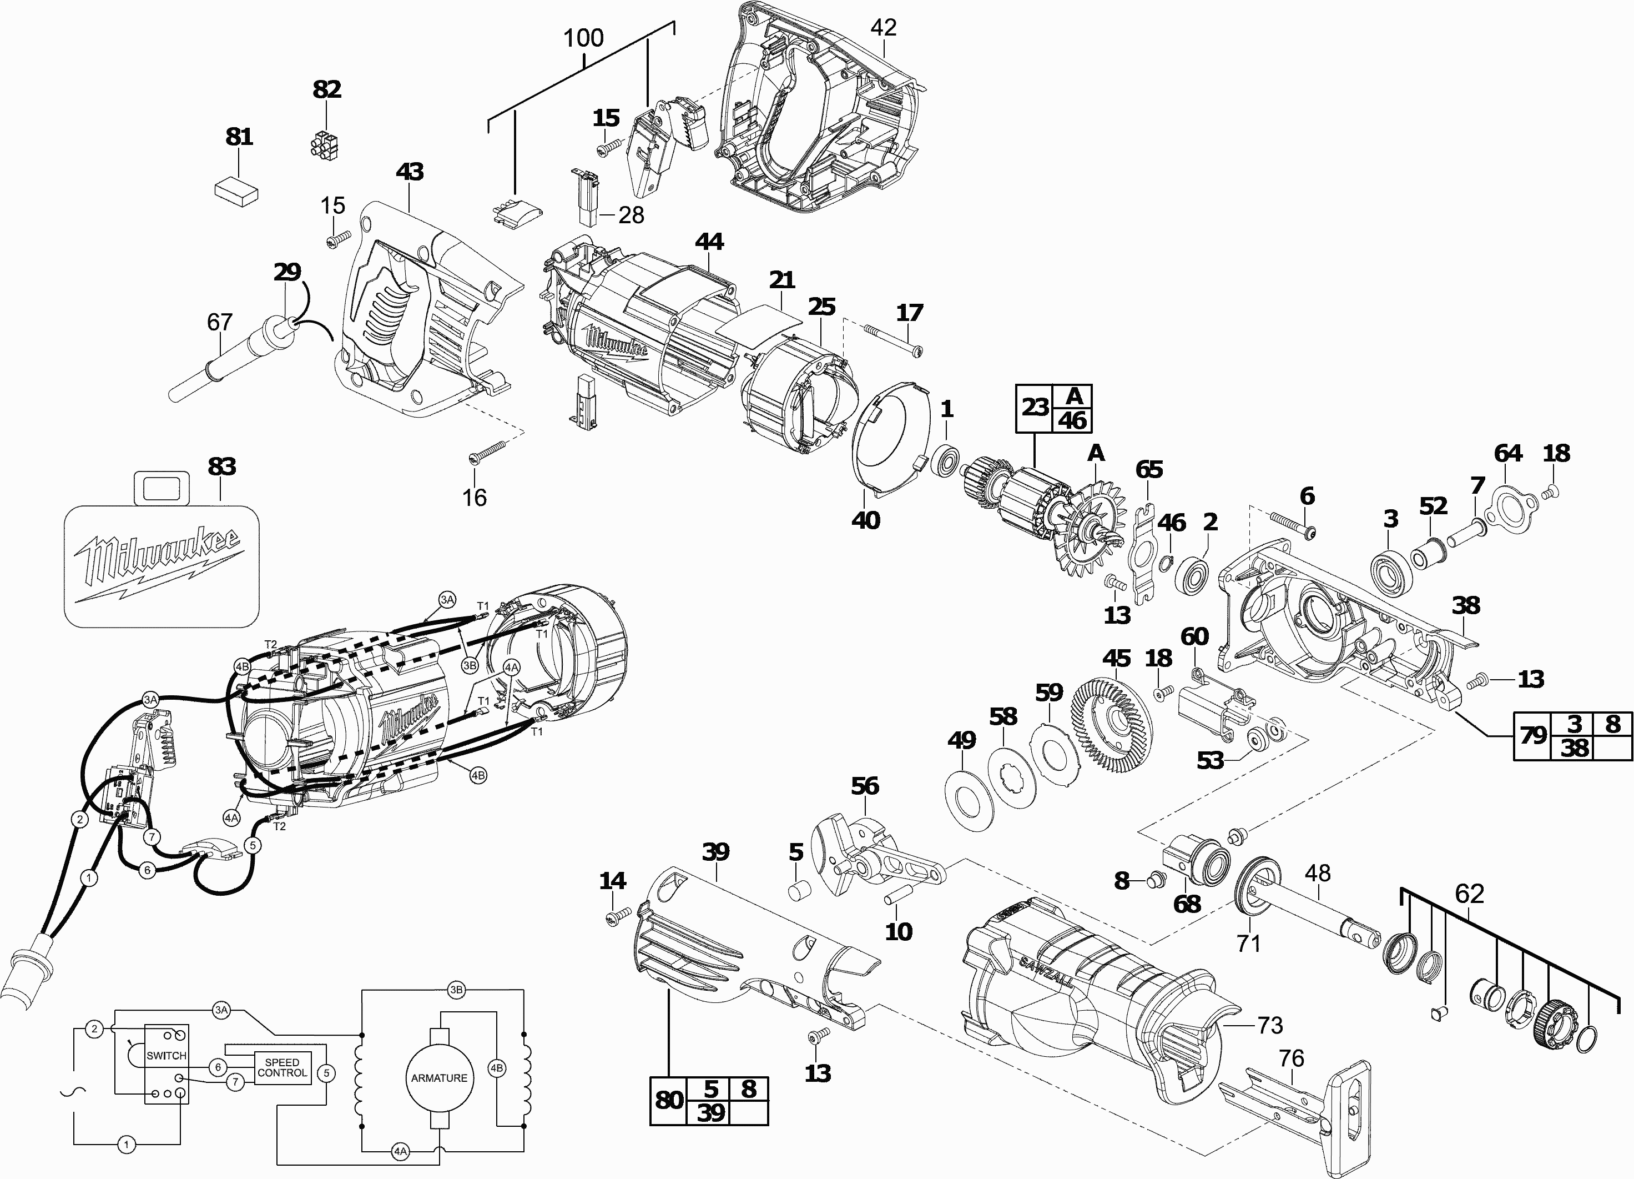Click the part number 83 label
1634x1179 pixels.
(x=221, y=466)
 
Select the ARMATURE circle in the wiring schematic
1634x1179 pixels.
(x=439, y=1078)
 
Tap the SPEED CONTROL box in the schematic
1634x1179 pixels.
(x=282, y=1067)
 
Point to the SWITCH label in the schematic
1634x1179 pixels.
(x=166, y=1056)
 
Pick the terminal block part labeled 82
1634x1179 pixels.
(x=325, y=144)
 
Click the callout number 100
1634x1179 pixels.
(x=583, y=37)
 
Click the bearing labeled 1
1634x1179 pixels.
(x=945, y=460)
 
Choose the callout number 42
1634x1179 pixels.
(x=883, y=27)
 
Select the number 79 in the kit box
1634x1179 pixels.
(x=1532, y=735)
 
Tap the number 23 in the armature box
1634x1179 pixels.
(x=1035, y=407)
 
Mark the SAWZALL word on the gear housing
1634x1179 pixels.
(x=1047, y=971)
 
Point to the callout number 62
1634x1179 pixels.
(x=1470, y=894)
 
